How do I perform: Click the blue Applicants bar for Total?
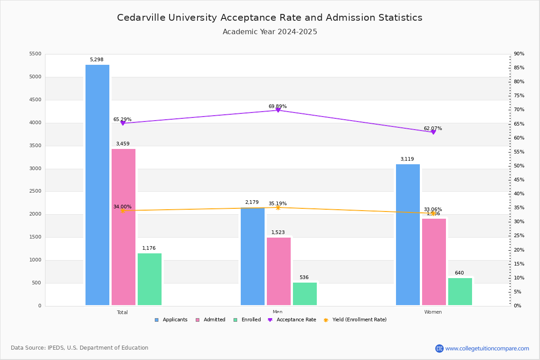point(97,184)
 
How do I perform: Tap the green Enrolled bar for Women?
point(460,291)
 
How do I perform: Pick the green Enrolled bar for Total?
point(149,279)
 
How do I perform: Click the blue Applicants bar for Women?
point(408,234)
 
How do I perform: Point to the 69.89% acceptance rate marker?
point(278,110)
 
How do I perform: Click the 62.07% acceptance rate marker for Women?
point(433,132)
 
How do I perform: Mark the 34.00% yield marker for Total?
point(122,211)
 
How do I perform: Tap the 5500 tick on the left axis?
point(35,54)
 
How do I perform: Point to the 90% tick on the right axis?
point(519,54)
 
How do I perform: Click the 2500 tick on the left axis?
point(35,191)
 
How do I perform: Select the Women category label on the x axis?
point(433,312)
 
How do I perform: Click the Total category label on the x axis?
point(122,312)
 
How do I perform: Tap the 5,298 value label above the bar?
point(97,59)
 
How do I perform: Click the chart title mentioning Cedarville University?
point(270,18)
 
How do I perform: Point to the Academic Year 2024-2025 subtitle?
point(270,32)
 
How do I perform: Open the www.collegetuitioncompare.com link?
point(487,348)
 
